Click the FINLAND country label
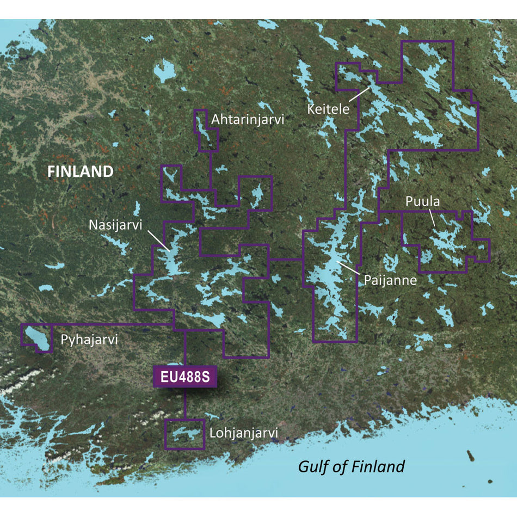80,172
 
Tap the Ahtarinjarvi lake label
248,120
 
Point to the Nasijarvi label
117,224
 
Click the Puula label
422,202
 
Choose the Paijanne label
391,281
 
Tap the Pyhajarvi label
89,340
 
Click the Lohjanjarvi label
243,433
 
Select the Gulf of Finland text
351,466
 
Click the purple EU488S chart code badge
185,377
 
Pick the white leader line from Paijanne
348,267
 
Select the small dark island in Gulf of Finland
469,455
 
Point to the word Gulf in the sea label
311,466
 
